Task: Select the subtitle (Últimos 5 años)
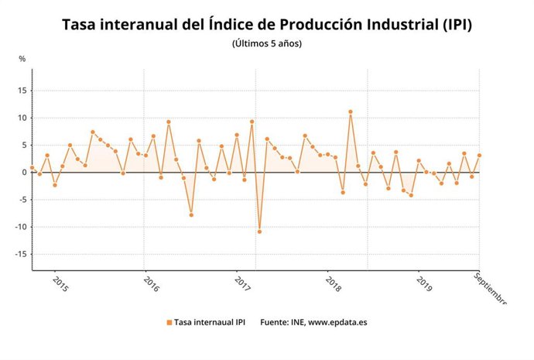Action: click(267, 43)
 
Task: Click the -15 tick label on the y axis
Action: click(19, 254)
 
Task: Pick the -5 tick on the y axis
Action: click(21, 200)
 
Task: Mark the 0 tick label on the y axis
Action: click(23, 172)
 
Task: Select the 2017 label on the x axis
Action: click(242, 284)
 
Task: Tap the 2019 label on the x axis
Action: click(424, 284)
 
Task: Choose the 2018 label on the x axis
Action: click(334, 284)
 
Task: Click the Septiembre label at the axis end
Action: click(489, 289)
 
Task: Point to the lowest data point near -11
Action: click(259, 231)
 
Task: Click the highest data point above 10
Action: click(351, 111)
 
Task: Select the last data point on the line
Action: click(479, 156)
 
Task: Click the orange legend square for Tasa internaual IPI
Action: click(169, 322)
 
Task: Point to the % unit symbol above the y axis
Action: click(22, 59)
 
